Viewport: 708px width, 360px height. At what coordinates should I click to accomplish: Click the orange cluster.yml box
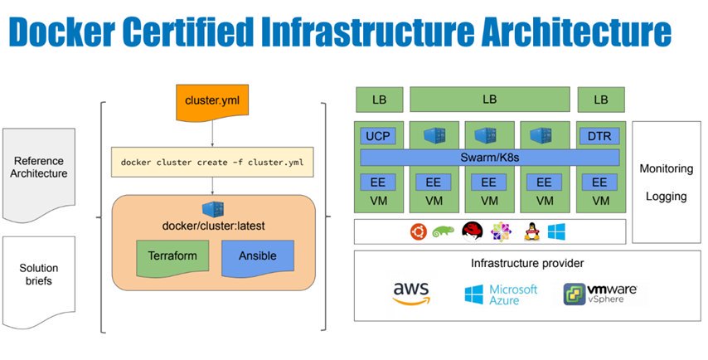click(x=213, y=100)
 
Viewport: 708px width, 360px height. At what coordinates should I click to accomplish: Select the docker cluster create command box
click(x=212, y=163)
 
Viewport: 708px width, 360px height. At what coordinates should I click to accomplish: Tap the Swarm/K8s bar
click(x=489, y=158)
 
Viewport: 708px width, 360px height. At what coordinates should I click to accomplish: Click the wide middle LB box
click(x=489, y=100)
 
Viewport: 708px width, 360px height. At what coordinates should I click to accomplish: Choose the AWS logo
click(x=410, y=292)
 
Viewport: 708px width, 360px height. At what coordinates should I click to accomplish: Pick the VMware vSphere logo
click(x=599, y=293)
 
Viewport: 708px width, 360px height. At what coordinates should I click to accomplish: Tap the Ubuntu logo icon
click(x=417, y=231)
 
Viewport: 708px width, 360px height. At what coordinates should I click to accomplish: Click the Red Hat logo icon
click(x=472, y=231)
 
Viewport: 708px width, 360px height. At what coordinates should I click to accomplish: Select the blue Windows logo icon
click(x=555, y=231)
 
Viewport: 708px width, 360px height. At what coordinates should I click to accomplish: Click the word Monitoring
click(x=666, y=168)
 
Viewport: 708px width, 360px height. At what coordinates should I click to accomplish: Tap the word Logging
click(x=666, y=197)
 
